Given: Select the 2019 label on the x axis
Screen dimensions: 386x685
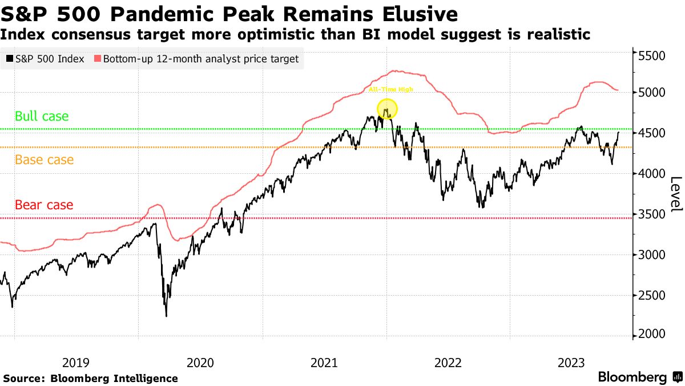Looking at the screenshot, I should coord(76,362).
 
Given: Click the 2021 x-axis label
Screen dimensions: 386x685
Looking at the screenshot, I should coord(324,362).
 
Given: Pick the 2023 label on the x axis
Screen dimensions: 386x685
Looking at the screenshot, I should coord(572,362).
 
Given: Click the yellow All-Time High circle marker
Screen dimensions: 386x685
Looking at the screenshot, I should coord(387,109).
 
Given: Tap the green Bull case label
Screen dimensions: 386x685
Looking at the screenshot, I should coord(41,116).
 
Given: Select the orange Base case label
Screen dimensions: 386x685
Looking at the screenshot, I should coord(44,160).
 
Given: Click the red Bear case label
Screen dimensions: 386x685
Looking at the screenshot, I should coord(44,205).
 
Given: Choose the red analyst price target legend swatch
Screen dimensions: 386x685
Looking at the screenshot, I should coord(98,58).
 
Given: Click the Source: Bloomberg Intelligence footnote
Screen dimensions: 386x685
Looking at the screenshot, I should coord(91,378).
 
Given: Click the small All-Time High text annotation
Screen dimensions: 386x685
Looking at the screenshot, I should coord(390,89).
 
